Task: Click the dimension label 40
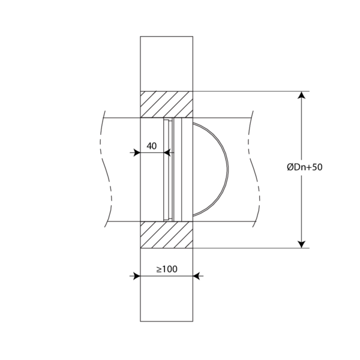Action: click(152, 146)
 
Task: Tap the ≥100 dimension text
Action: click(167, 269)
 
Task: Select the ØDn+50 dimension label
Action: click(305, 167)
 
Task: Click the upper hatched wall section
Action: click(166, 104)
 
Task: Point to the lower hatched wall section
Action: click(166, 235)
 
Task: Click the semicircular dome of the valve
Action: click(228, 169)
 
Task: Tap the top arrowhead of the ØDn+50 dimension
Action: click(301, 95)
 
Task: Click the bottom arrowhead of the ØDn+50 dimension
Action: click(301, 245)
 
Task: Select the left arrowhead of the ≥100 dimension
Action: click(137, 276)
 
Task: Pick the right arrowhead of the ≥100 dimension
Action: click(196, 276)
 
